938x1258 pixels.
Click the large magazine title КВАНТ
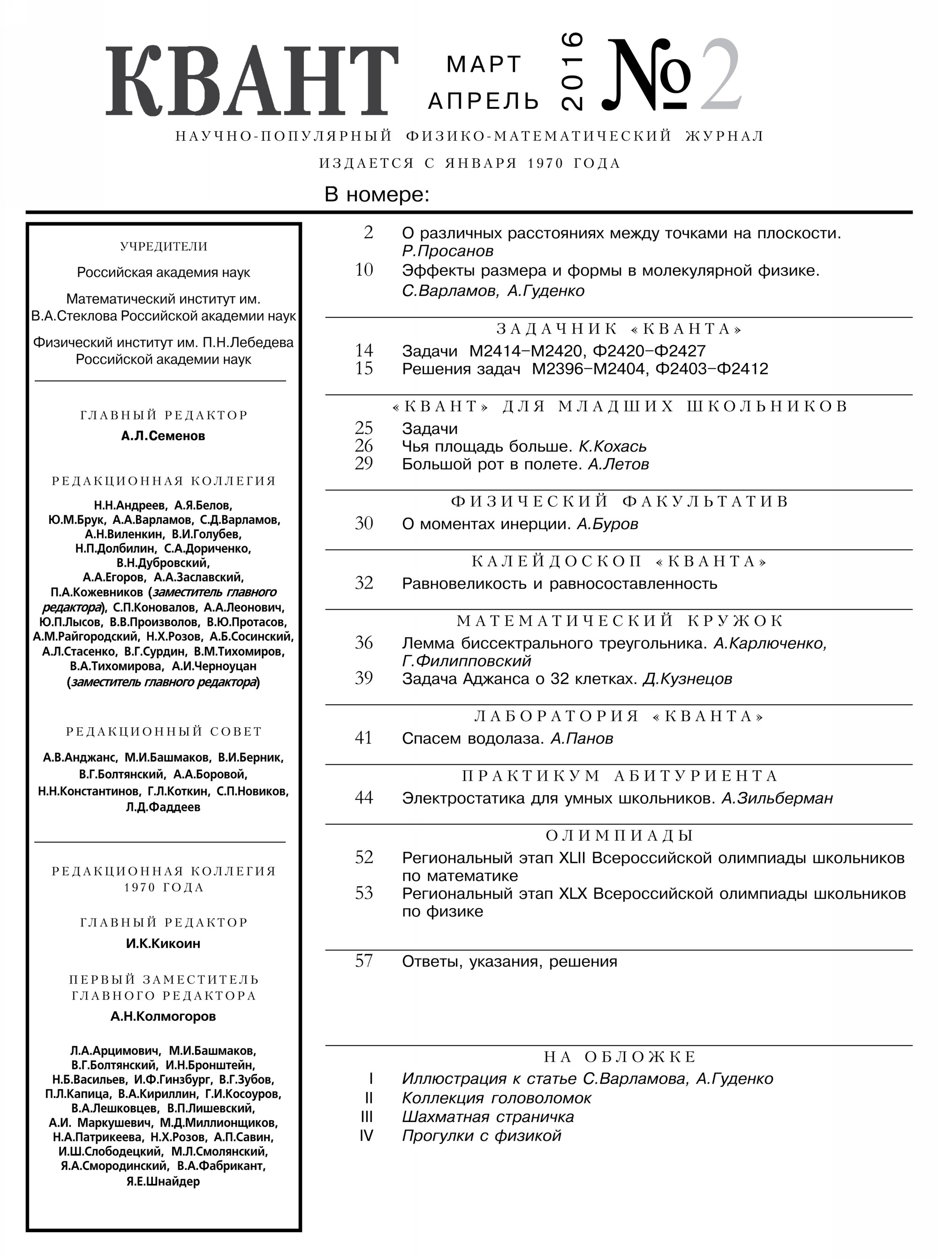[251, 81]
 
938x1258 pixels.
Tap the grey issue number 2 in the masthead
[720, 75]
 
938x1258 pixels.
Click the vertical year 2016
[571, 70]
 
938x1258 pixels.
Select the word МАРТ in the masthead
[484, 65]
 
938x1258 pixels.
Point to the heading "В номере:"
[377, 195]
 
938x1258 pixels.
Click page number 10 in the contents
[364, 270]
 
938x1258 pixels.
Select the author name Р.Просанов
[447, 251]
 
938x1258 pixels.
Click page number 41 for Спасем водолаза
[363, 738]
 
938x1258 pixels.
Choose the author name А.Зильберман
[777, 798]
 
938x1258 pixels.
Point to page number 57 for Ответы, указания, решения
[363, 961]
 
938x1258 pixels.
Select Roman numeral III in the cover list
[367, 1117]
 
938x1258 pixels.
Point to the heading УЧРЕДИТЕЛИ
[164, 246]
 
